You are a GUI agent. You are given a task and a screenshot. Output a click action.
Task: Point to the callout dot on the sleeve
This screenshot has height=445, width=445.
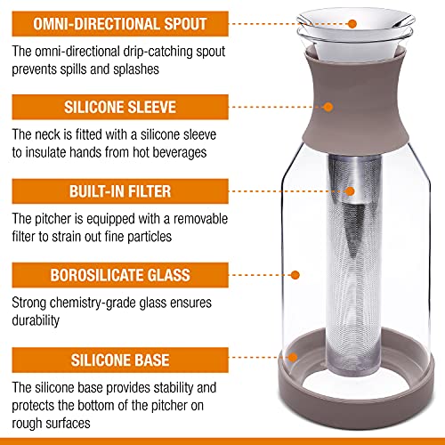click(x=358, y=108)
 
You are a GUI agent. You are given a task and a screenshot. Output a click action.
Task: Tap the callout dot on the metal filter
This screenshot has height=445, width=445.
click(x=351, y=190)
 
